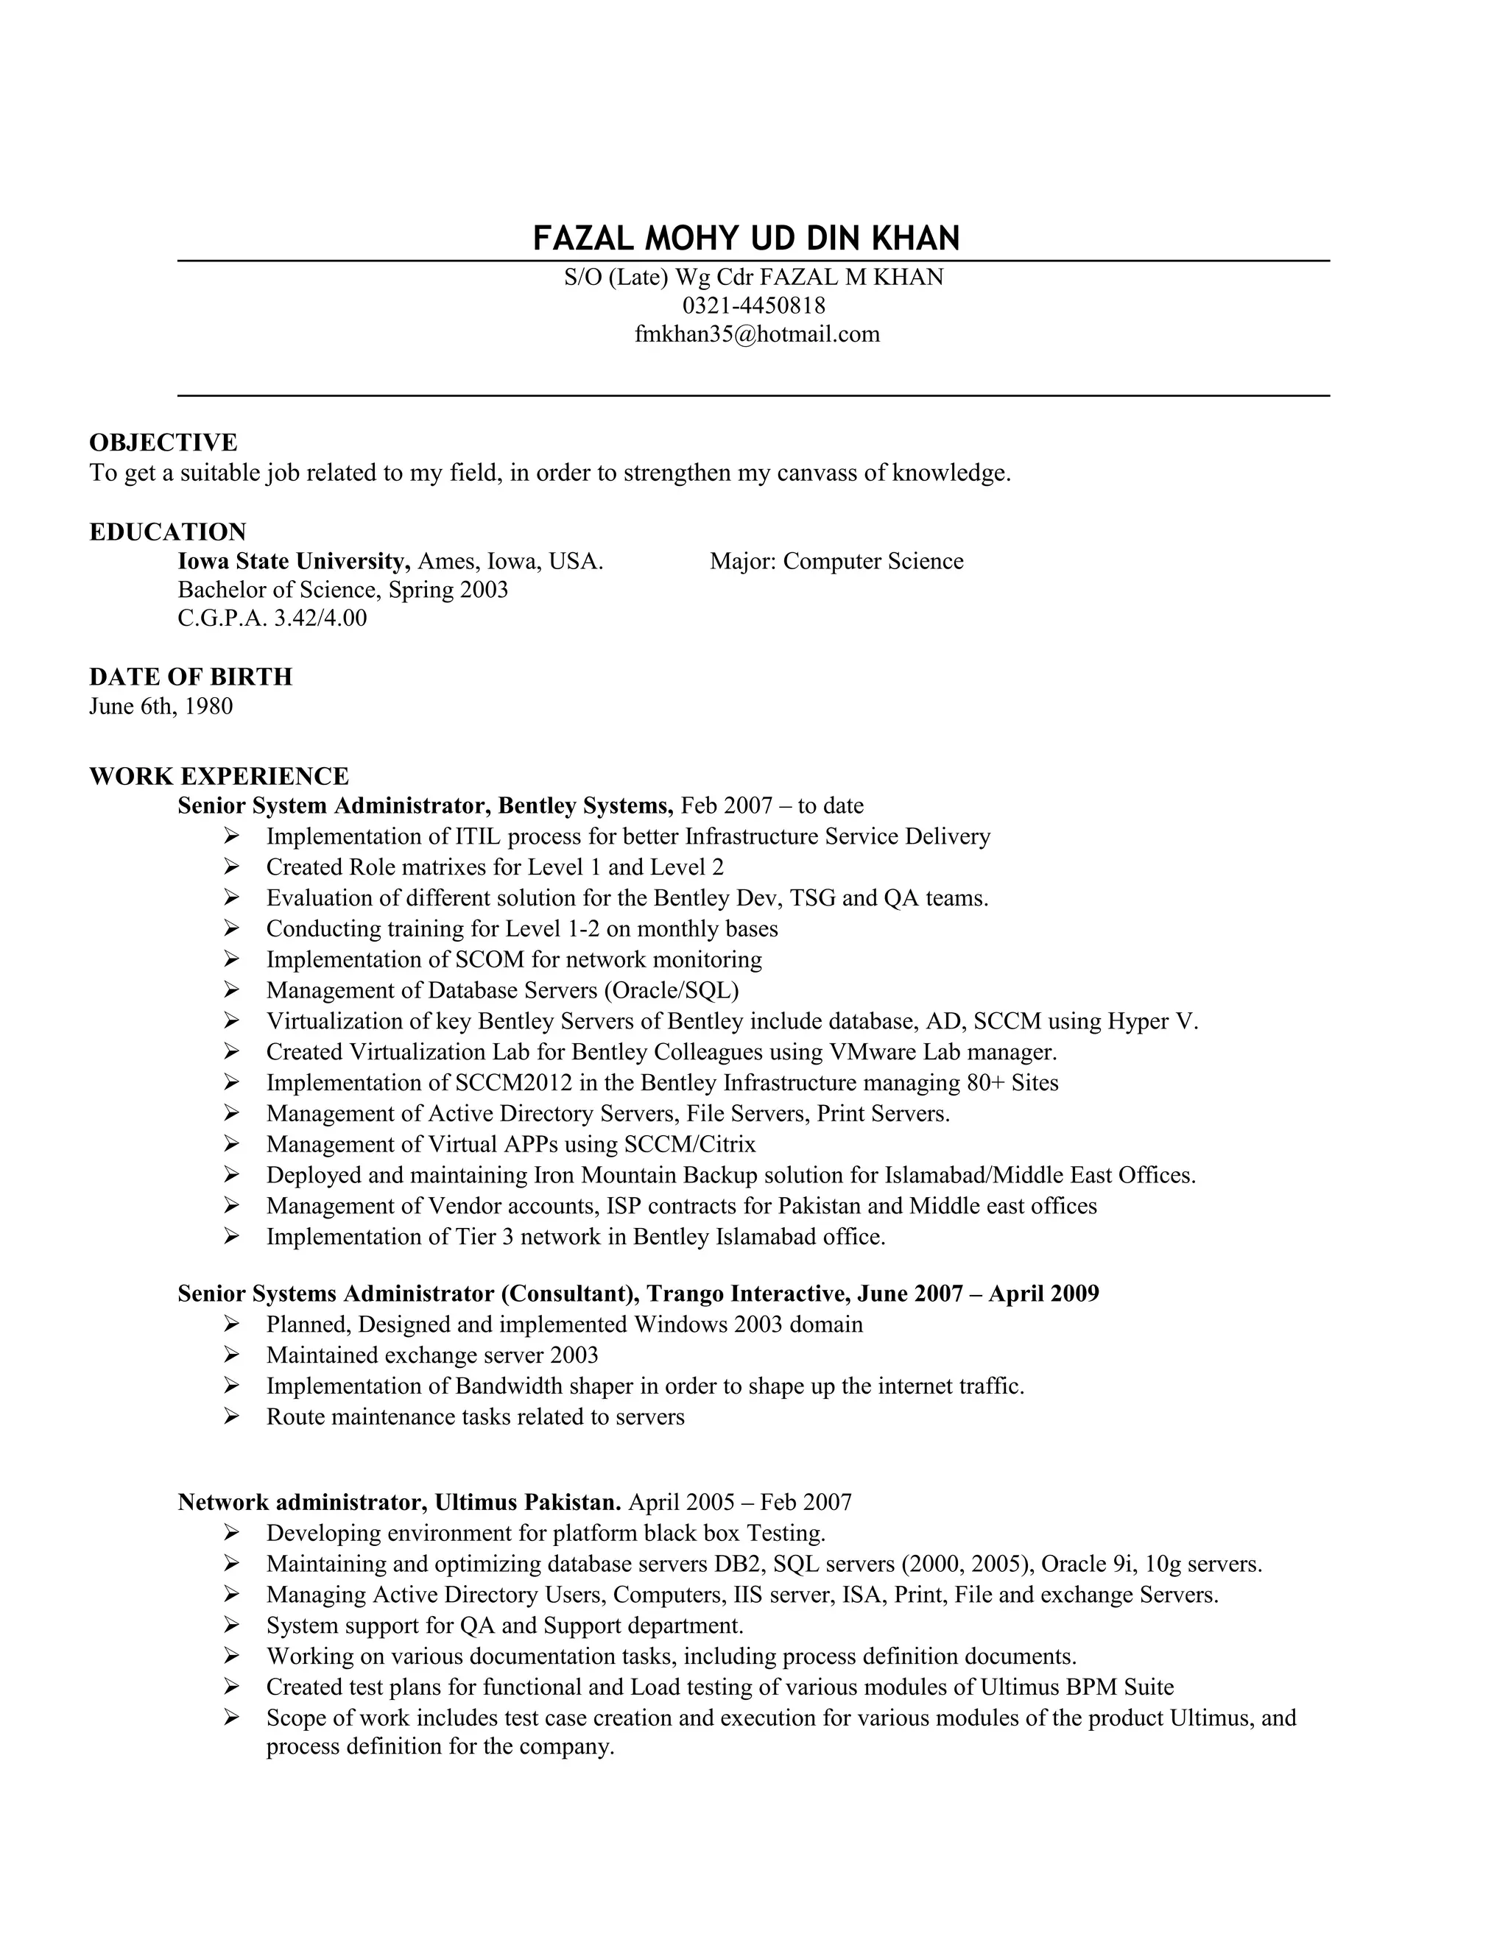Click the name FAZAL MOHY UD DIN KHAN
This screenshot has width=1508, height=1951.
point(746,239)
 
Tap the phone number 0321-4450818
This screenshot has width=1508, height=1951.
point(753,306)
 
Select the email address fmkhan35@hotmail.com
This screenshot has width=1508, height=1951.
point(757,334)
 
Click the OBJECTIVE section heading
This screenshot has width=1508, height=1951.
point(163,442)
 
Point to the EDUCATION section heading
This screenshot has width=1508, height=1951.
point(168,532)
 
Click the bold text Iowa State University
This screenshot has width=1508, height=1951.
point(293,561)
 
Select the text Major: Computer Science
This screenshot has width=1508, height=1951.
point(836,561)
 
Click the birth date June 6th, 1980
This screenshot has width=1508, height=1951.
point(161,706)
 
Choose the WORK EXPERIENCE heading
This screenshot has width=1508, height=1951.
point(219,775)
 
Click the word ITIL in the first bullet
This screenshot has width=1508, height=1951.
point(478,836)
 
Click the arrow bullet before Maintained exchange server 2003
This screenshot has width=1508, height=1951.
point(231,1355)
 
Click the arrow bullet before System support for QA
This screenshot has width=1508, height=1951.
point(231,1625)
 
